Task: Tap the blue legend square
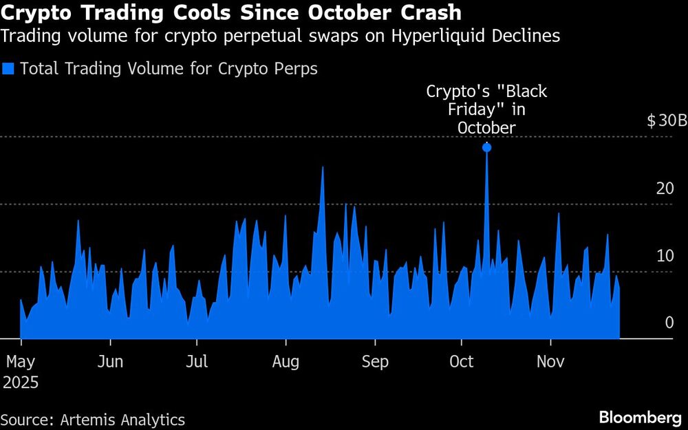8,69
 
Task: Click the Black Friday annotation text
486,109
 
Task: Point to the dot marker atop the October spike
486,147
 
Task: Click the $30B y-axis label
667,121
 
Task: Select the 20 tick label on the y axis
664,188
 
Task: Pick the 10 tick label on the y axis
664,255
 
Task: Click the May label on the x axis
21,361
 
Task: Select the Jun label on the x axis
109,361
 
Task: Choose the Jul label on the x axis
197,361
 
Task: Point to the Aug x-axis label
286,361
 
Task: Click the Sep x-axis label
375,361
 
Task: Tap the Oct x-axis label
462,361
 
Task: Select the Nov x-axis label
550,361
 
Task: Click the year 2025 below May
20,383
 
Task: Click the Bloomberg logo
641,418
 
